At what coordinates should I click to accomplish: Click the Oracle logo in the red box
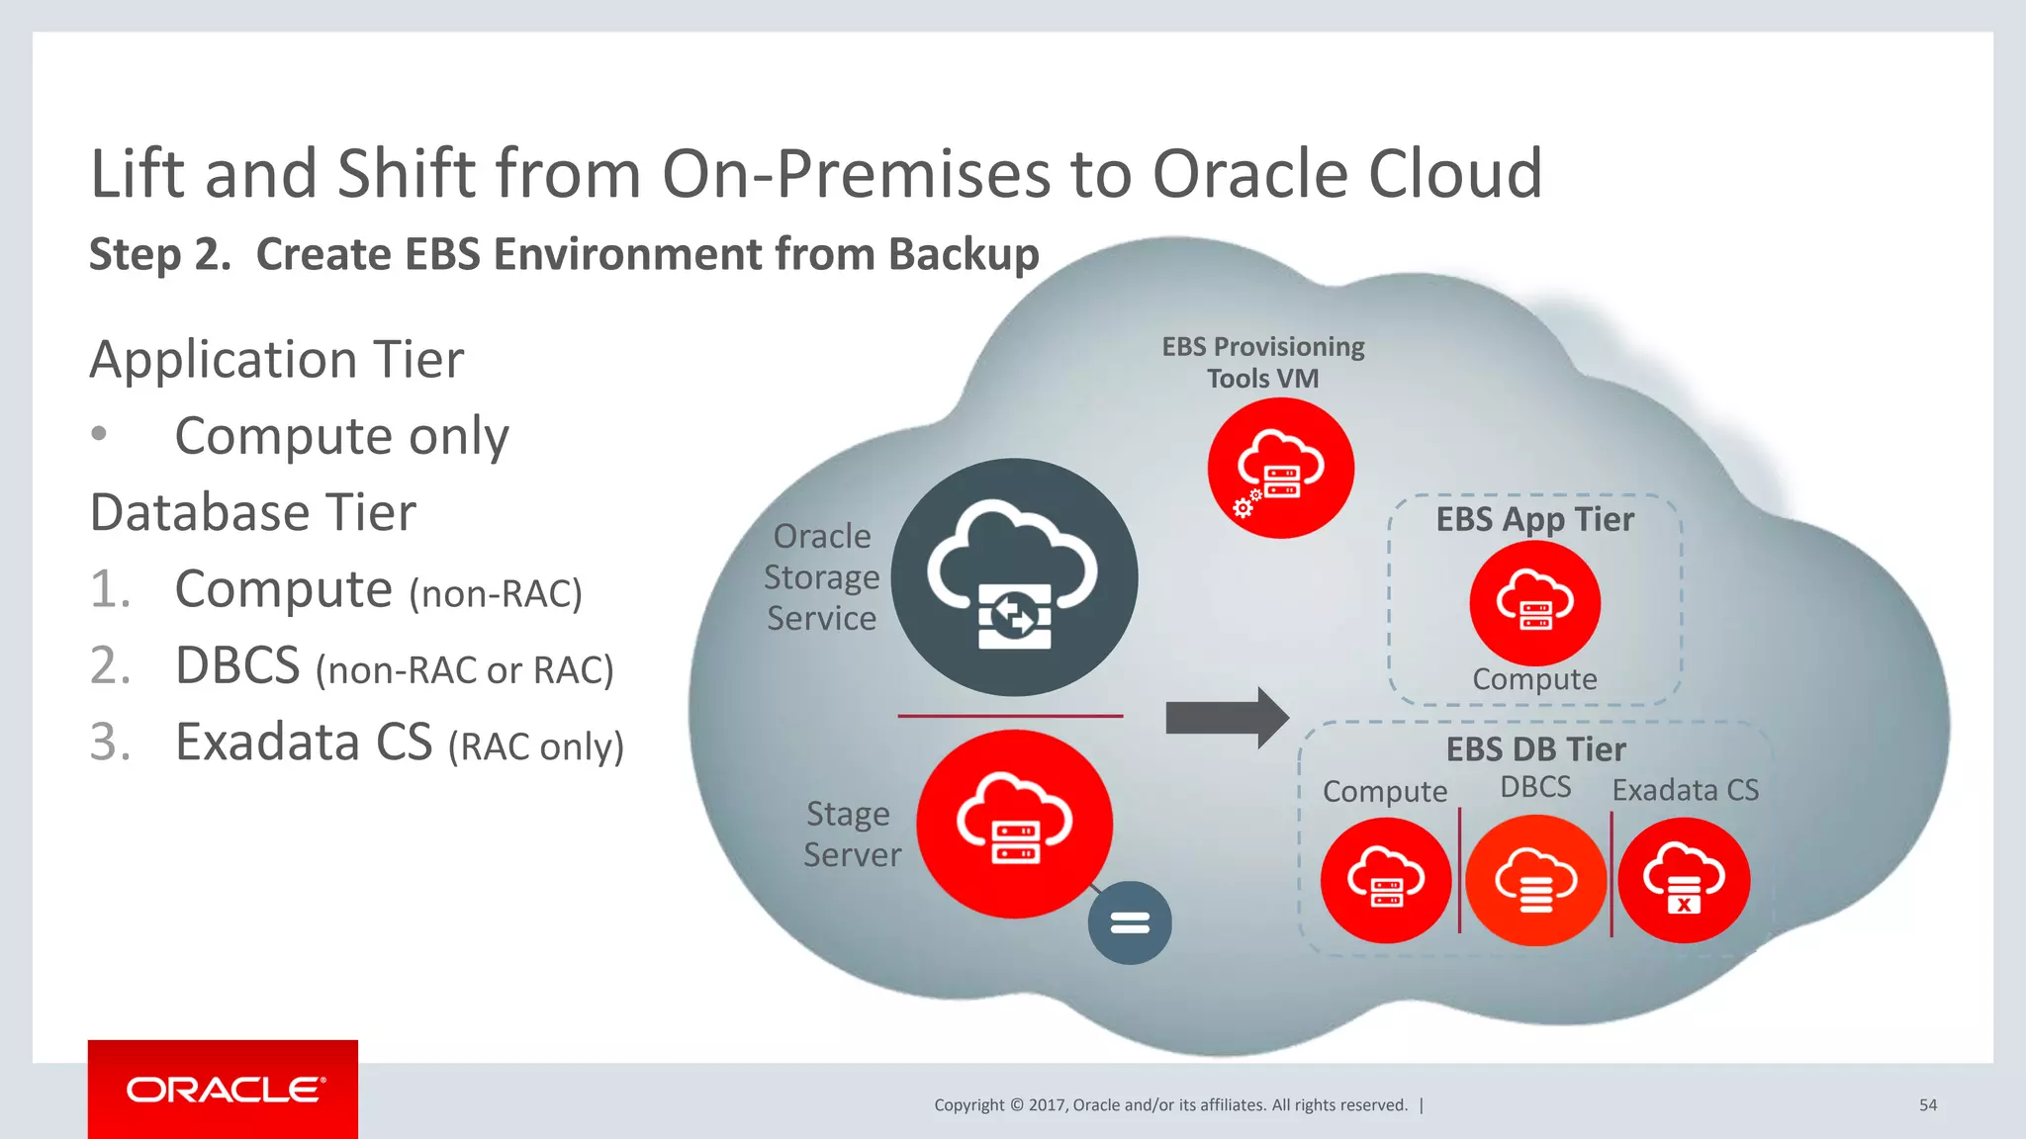[224, 1090]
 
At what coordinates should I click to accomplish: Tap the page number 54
[1927, 1105]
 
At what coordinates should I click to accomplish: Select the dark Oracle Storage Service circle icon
[1014, 577]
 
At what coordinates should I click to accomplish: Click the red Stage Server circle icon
[1014, 824]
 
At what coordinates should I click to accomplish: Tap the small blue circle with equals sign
[1130, 922]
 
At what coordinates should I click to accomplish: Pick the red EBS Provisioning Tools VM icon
[1280, 469]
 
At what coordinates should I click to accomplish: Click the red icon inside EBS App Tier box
[1534, 602]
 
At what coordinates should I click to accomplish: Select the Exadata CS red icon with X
[1684, 880]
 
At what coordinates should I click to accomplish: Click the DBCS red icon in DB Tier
[1535, 880]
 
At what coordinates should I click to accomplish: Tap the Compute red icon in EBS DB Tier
[1386, 880]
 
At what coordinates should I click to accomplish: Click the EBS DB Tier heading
[1535, 749]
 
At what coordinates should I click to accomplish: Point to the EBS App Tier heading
[1534, 519]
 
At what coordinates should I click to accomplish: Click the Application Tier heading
[276, 359]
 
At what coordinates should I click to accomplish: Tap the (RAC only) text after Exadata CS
[535, 746]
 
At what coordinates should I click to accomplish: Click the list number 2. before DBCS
[110, 665]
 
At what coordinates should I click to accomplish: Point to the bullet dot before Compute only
[99, 434]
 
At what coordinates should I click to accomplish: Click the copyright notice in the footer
[1170, 1105]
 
